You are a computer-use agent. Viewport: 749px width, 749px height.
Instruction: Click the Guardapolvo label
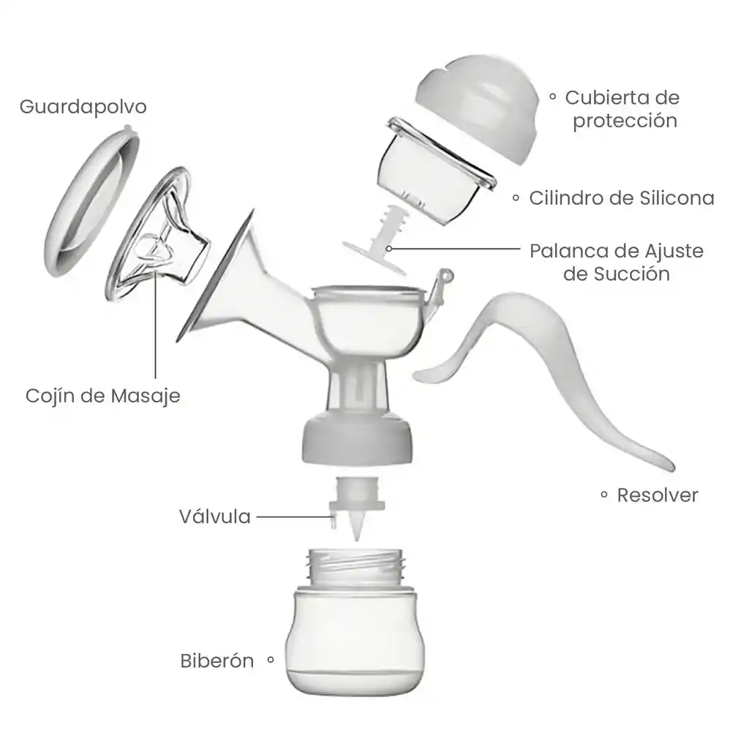point(83,107)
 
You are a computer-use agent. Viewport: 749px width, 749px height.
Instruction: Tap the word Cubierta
point(609,98)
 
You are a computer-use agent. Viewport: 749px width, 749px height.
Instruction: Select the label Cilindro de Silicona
point(622,198)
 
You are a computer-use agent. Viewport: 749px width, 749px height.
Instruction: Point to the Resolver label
point(658,495)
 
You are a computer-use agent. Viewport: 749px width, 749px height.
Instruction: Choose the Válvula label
point(215,516)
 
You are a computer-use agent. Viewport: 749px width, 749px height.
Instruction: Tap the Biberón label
point(217,661)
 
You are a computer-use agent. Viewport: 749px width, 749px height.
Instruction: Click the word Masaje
point(146,396)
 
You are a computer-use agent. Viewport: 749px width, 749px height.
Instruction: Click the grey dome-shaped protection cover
point(476,108)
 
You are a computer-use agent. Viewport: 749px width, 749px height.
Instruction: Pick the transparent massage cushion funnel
point(158,234)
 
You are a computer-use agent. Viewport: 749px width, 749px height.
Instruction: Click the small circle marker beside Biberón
point(271,660)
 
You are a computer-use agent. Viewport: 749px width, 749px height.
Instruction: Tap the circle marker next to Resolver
point(604,494)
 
